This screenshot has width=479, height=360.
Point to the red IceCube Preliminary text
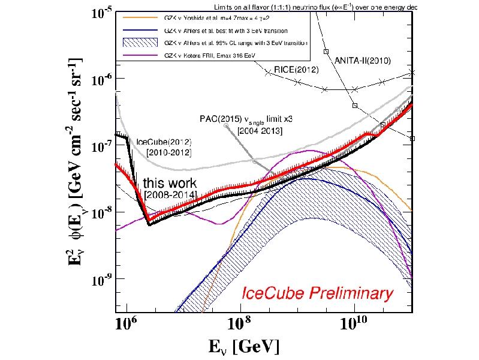[x=318, y=293]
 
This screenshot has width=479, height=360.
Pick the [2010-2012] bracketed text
[x=167, y=154]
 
